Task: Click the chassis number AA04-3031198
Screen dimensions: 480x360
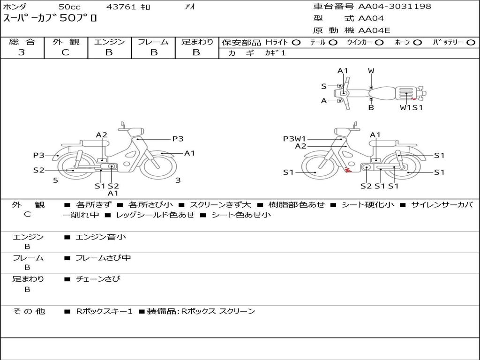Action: pos(395,6)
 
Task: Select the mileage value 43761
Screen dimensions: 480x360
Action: pos(121,7)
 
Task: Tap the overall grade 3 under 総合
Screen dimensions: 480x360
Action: pos(22,52)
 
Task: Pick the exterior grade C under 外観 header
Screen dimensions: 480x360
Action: pos(65,52)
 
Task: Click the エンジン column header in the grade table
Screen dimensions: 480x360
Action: pos(109,42)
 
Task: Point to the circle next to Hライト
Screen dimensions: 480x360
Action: pos(296,43)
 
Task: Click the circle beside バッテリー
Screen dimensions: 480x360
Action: pos(471,43)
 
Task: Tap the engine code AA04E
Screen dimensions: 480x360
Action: pos(374,30)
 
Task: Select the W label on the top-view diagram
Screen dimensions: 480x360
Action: pos(371,71)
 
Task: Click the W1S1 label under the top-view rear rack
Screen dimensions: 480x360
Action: pos(411,107)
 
